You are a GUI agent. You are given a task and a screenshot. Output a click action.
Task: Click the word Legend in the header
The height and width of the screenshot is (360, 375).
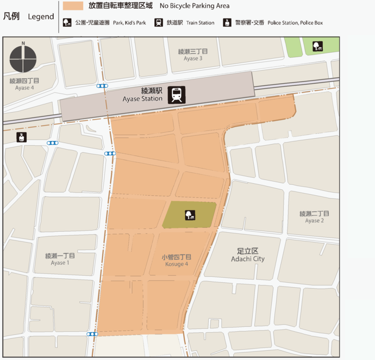(x=41, y=17)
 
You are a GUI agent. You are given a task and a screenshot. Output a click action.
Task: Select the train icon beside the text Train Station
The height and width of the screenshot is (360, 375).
(x=159, y=23)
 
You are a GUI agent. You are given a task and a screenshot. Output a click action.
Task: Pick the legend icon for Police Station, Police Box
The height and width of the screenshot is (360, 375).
(x=227, y=23)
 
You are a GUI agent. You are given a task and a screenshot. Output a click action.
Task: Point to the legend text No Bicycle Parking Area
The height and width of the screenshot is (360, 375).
(x=195, y=6)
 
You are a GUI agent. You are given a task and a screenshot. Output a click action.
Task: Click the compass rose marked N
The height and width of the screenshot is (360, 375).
(x=23, y=58)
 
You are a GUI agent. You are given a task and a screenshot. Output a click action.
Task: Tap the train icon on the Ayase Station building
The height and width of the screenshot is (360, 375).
(x=177, y=95)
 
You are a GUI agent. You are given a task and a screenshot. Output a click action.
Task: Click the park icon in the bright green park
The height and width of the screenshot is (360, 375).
(x=317, y=47)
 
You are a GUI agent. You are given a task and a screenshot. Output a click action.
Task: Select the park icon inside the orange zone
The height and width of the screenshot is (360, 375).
(x=190, y=215)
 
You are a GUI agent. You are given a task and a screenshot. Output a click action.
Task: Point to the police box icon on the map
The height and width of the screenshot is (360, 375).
(x=22, y=137)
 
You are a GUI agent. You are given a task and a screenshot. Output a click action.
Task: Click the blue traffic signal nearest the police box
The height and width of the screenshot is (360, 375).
(x=53, y=143)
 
